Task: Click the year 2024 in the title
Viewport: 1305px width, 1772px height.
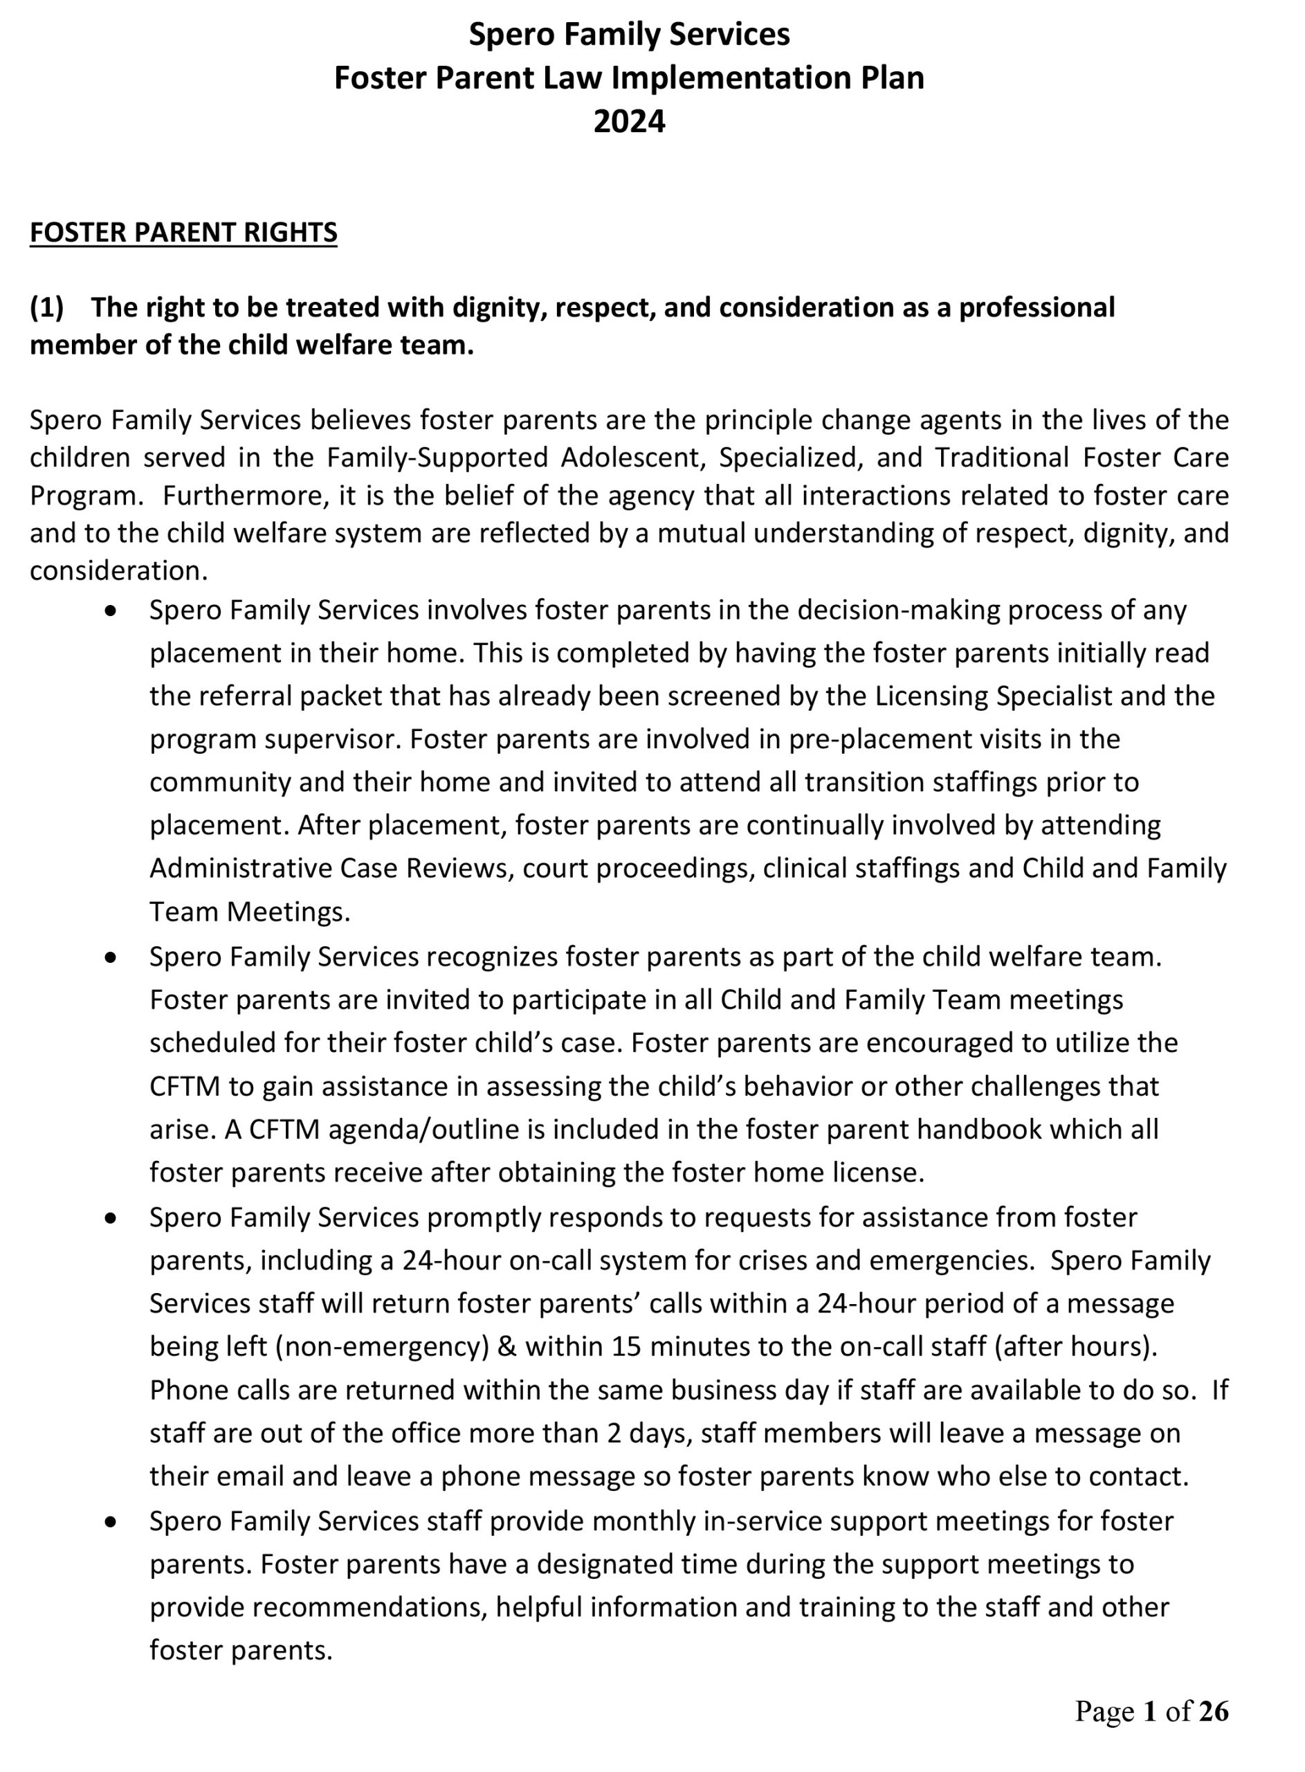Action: (629, 122)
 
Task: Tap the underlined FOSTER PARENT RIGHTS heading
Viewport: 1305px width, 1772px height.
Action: (183, 233)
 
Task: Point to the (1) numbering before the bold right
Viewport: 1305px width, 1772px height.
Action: (46, 307)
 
